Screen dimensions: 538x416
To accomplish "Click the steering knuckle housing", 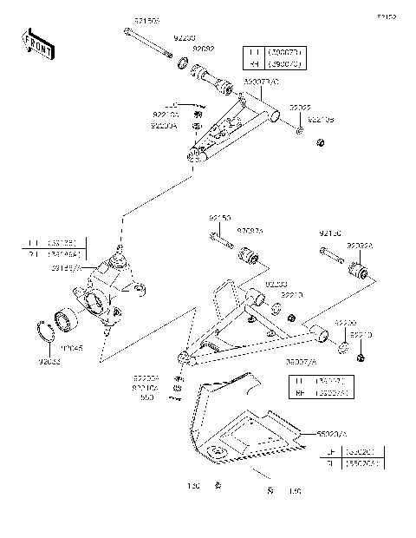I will [x=108, y=295].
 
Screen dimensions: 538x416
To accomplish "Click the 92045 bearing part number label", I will [x=94, y=350].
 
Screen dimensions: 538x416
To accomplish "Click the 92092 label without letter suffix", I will [x=204, y=49].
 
